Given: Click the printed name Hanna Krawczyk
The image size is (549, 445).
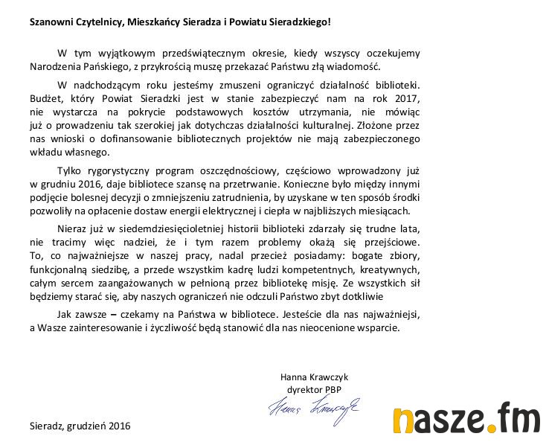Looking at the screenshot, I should coord(314,377).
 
